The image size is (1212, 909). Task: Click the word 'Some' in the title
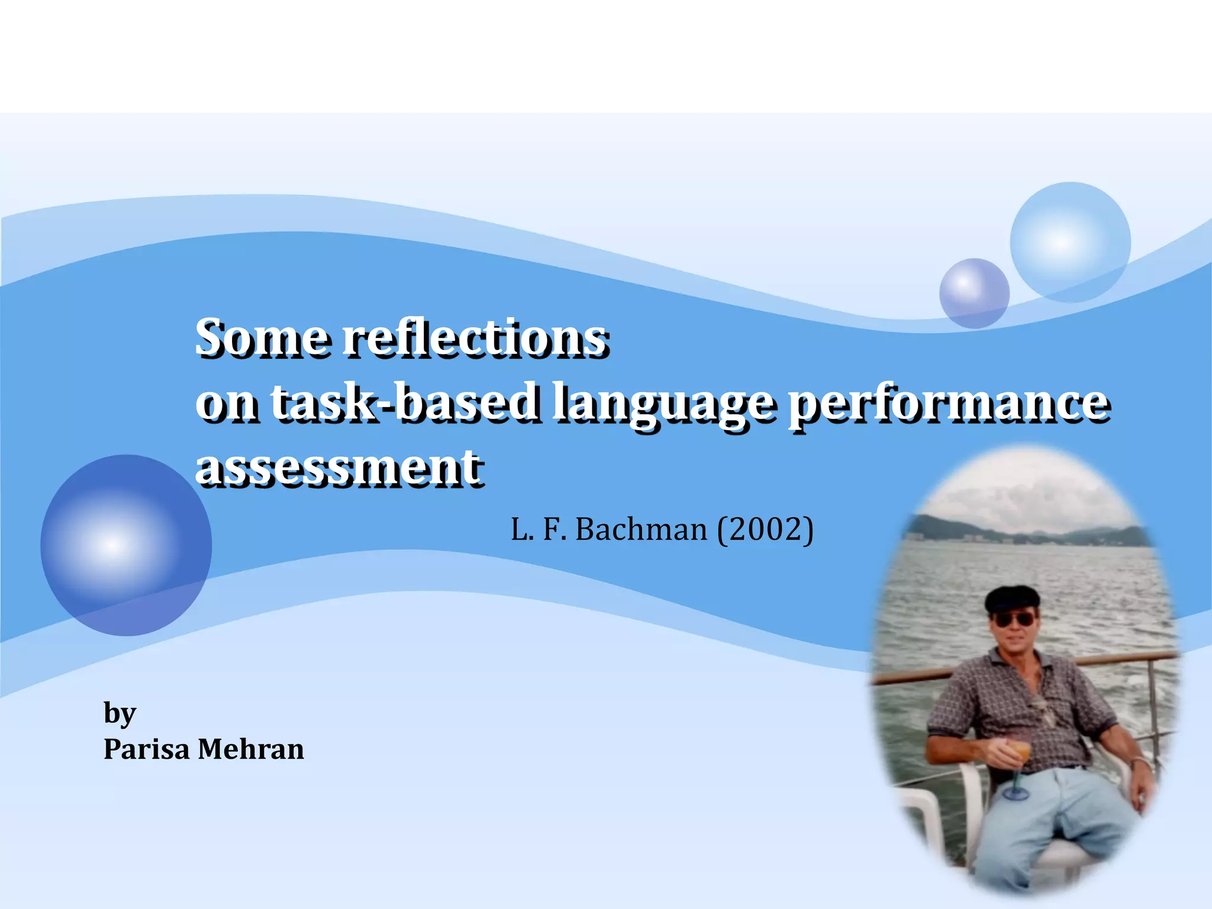click(x=261, y=338)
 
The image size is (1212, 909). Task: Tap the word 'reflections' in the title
click(x=476, y=338)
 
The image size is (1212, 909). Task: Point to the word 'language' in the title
click(x=663, y=404)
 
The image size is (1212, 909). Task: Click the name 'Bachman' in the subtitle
click(x=641, y=529)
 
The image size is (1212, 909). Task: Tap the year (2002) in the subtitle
click(x=765, y=529)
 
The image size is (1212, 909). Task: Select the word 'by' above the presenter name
click(x=120, y=714)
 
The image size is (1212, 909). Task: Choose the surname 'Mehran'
click(x=250, y=749)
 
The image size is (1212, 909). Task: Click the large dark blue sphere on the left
click(x=125, y=545)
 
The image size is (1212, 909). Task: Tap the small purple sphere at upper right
click(x=974, y=293)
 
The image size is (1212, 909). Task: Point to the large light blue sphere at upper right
click(x=1070, y=242)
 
